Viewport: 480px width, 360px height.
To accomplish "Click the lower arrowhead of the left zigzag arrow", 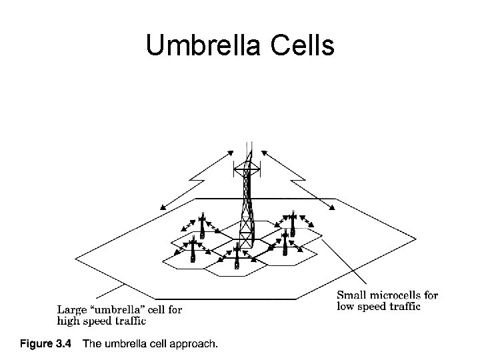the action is [x=161, y=208].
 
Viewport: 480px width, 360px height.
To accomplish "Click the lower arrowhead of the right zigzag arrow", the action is [x=331, y=208].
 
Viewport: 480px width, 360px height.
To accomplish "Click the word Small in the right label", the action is [x=352, y=295].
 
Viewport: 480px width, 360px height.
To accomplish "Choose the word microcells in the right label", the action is [x=396, y=295].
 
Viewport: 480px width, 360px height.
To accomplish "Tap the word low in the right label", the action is [x=347, y=307].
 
